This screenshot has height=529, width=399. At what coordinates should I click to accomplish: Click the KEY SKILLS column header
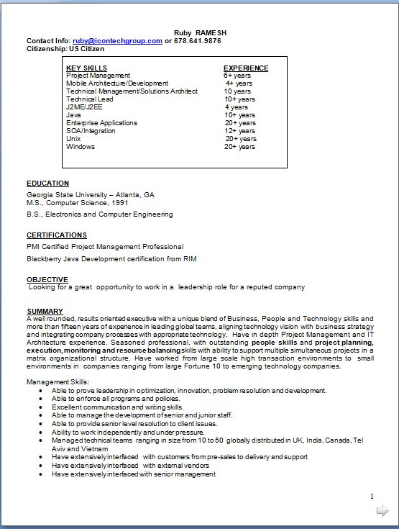tap(86, 68)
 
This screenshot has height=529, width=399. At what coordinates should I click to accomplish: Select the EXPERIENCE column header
tap(246, 68)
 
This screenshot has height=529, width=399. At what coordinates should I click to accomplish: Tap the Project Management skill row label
tap(98, 76)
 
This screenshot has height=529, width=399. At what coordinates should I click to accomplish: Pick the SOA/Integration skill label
tap(91, 131)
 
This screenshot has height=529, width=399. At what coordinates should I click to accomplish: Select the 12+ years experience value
tap(239, 131)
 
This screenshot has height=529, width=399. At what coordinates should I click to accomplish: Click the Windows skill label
tap(81, 147)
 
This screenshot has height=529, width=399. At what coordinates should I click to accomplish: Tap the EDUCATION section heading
tap(48, 184)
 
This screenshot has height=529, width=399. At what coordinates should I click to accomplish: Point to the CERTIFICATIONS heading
tap(57, 235)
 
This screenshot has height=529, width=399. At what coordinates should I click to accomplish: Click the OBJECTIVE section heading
tap(47, 279)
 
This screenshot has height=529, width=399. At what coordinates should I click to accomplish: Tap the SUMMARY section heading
tap(45, 311)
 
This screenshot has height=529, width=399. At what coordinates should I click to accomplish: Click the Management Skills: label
tap(58, 381)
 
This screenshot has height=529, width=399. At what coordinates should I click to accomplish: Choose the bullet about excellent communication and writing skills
tap(117, 407)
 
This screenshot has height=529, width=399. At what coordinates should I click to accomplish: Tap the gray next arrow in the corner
tap(382, 511)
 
